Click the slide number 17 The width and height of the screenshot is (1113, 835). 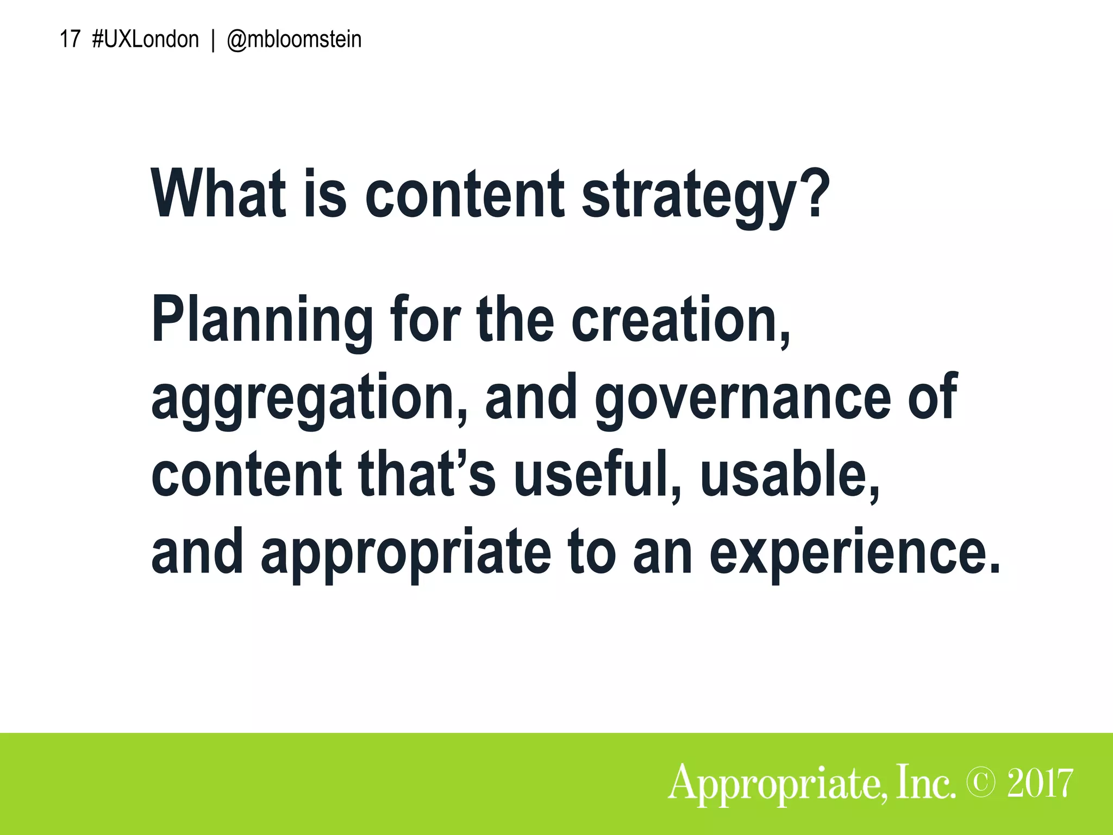70,40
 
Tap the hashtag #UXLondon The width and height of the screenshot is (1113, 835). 146,40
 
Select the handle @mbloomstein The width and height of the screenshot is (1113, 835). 293,40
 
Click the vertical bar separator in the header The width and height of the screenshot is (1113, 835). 212,40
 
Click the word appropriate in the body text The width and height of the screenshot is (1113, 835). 405,553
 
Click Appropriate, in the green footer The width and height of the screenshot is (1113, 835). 778,784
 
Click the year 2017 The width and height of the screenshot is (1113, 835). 1040,783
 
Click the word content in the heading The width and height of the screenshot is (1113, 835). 465,194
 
